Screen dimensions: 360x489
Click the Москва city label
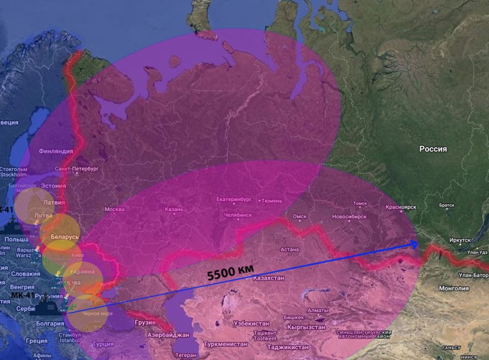[x=114, y=209]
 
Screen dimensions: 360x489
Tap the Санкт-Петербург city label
[x=75, y=169]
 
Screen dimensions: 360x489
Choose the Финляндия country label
[x=56, y=151]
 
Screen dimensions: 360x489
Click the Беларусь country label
[x=64, y=237]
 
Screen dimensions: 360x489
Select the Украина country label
[x=82, y=272]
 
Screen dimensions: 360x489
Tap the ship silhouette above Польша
[x=13, y=226]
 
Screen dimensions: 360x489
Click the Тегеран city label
[x=186, y=355]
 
